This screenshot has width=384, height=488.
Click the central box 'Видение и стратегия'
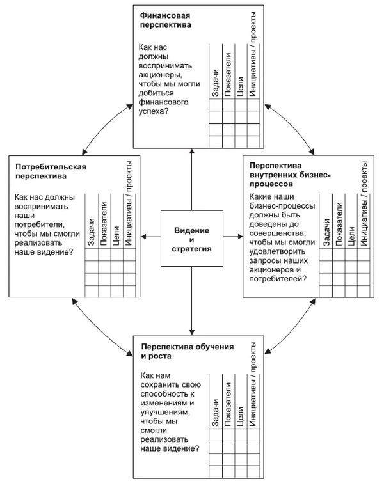pos(192,239)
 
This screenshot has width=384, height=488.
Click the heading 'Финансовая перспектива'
pos(165,20)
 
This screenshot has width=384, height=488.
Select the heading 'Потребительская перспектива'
pos(51,171)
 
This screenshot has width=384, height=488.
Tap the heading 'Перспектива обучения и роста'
pos(187,351)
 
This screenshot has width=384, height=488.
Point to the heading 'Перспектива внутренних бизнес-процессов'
pos(290,175)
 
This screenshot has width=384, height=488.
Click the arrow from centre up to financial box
pos(192,180)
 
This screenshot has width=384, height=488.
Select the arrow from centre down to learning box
pos(192,301)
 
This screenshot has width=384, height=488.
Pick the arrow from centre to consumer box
pos(151,237)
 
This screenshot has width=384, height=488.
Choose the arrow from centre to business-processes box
pos(233,237)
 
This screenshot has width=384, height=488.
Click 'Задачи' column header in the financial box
pos(215,83)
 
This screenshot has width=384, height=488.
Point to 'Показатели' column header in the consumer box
pos(104,224)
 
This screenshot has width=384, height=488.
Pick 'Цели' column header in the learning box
pos(240,416)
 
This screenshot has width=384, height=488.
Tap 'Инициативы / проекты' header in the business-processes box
pos(364,203)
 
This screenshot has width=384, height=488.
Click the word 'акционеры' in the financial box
pos(159,75)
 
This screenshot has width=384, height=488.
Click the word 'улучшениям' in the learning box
pos(164,413)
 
